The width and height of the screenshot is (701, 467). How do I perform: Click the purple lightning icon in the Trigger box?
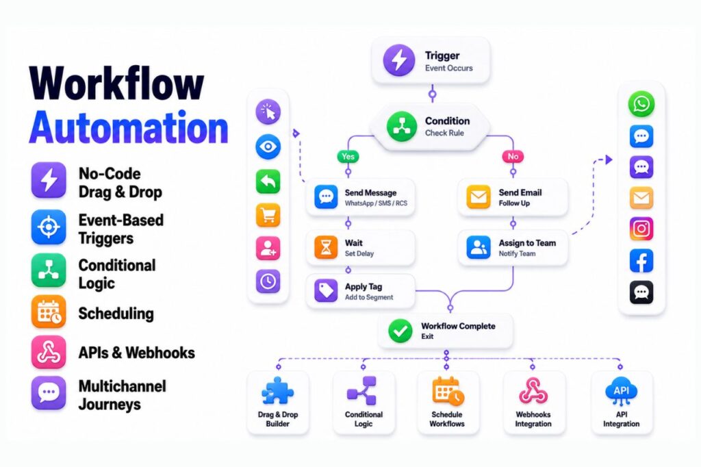[399, 60]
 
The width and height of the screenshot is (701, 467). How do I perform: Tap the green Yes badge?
[348, 156]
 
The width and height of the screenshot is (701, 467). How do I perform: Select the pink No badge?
[513, 156]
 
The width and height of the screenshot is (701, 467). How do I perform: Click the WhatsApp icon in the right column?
[641, 104]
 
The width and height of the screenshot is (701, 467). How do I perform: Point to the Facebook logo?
[641, 261]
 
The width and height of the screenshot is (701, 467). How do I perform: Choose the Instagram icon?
[641, 229]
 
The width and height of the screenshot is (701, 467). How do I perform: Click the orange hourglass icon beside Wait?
[326, 247]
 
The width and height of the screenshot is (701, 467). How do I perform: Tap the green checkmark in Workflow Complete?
[400, 331]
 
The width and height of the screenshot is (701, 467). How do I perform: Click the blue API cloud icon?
[621, 390]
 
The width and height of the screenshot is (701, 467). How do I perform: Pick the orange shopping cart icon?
[268, 215]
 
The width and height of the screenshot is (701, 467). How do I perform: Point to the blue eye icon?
[268, 147]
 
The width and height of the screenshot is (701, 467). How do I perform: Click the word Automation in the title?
[129, 127]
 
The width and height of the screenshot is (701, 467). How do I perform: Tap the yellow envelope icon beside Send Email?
[478, 197]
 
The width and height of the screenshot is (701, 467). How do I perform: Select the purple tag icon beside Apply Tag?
[326, 291]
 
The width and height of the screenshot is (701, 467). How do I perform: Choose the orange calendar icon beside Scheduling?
[49, 312]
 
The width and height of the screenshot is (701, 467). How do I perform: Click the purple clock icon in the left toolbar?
[268, 281]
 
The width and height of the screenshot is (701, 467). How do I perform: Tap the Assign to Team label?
[527, 243]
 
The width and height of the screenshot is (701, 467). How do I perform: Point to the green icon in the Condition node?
[401, 127]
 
